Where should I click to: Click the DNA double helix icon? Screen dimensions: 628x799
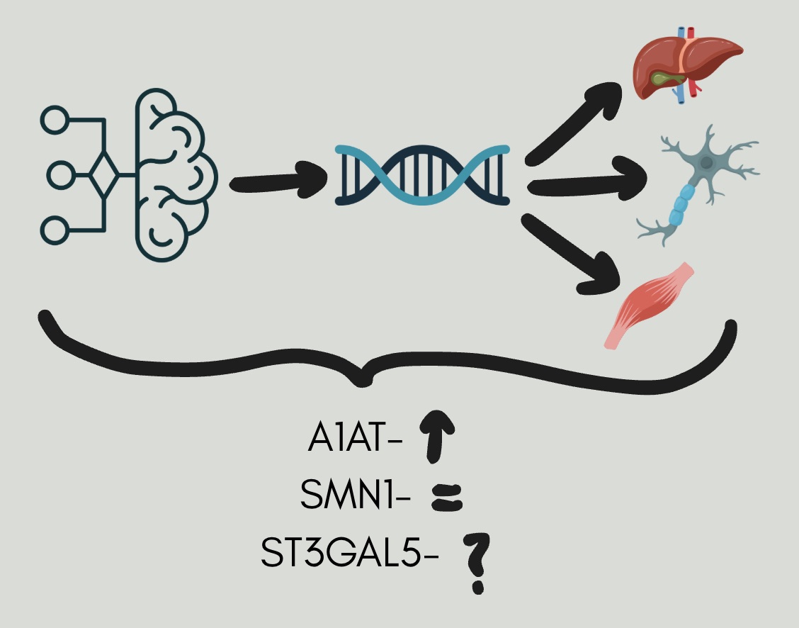point(423,174)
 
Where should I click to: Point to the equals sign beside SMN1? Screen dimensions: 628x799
point(447,497)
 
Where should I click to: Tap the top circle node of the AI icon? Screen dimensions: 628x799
point(55,119)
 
